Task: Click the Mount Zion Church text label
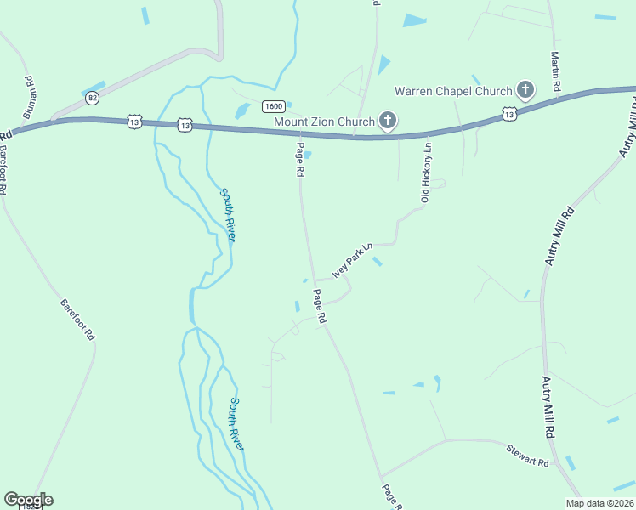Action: click(324, 122)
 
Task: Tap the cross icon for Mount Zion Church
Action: click(387, 121)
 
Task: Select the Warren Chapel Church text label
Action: click(452, 91)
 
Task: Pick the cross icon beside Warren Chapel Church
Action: click(525, 90)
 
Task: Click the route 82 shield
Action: click(92, 98)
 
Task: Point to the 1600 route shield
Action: click(273, 106)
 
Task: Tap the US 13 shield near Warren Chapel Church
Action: click(508, 113)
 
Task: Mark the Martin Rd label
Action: click(554, 71)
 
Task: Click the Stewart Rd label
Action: click(527, 455)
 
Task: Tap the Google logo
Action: click(28, 500)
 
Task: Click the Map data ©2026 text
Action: click(599, 503)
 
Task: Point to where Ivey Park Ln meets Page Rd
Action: click(315, 280)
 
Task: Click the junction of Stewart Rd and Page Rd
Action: click(380, 477)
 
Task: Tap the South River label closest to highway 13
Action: click(228, 215)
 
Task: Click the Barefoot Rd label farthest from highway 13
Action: click(77, 320)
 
